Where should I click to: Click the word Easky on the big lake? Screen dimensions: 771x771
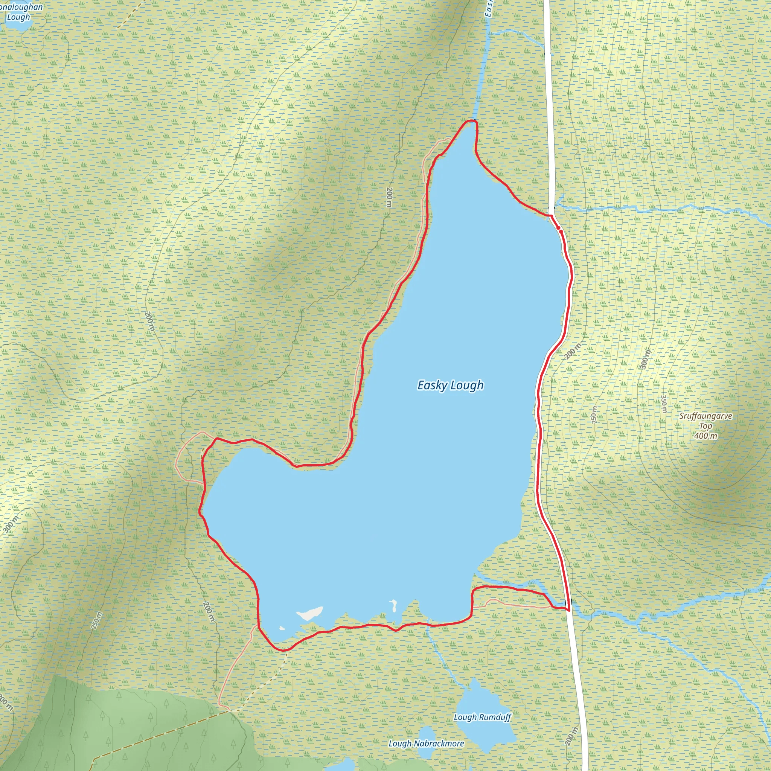pos(432,385)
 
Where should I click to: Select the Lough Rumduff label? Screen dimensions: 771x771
pos(483,717)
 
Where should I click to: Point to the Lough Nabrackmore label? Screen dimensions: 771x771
pos(426,744)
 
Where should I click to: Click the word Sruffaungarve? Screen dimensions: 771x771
pos(705,416)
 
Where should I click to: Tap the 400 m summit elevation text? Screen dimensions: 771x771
pos(705,436)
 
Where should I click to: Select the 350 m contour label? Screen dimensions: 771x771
pos(664,404)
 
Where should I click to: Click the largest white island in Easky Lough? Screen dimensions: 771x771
pos(310,613)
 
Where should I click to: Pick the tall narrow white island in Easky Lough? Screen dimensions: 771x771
pos(394,605)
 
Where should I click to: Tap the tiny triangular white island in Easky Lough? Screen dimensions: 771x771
pos(282,628)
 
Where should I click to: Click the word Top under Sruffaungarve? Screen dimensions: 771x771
pos(705,426)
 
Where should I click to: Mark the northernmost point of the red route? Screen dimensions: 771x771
pos(472,120)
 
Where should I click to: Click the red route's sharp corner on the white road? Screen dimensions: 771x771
pos(568,610)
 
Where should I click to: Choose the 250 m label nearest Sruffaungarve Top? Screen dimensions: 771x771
pos(594,415)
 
